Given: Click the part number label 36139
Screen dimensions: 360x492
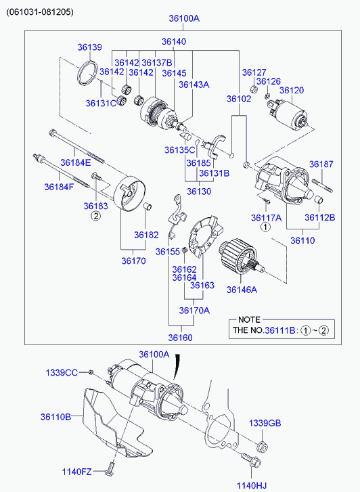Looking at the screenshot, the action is pos(90,47).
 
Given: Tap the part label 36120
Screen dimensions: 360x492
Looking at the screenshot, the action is pos(292,91).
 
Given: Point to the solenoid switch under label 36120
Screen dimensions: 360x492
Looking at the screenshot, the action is pos(289,114).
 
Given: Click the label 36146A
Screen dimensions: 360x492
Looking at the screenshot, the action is pos(242,290).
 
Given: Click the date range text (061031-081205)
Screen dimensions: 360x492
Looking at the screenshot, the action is pos(40,12).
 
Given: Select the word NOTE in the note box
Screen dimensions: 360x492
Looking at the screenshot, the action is pos(249,319).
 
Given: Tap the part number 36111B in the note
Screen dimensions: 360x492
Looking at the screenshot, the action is pos(280,330).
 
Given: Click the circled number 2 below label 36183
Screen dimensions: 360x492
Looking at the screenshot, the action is pos(95,216).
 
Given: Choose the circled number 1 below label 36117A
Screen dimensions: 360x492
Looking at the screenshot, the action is pos(265,227).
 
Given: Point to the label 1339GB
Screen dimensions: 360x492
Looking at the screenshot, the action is pos(265,423).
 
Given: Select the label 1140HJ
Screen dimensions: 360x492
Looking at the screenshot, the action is pos(252,486).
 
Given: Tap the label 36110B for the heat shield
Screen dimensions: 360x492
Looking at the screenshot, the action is pos(55,417).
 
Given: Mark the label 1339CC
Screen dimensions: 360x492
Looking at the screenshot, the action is pos(62,372).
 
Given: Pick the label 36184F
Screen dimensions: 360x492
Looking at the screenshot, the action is pos(59,187).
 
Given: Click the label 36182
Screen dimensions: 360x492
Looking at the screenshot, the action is pos(146,235).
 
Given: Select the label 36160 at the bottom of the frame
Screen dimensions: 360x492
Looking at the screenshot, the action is pos(180,338).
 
